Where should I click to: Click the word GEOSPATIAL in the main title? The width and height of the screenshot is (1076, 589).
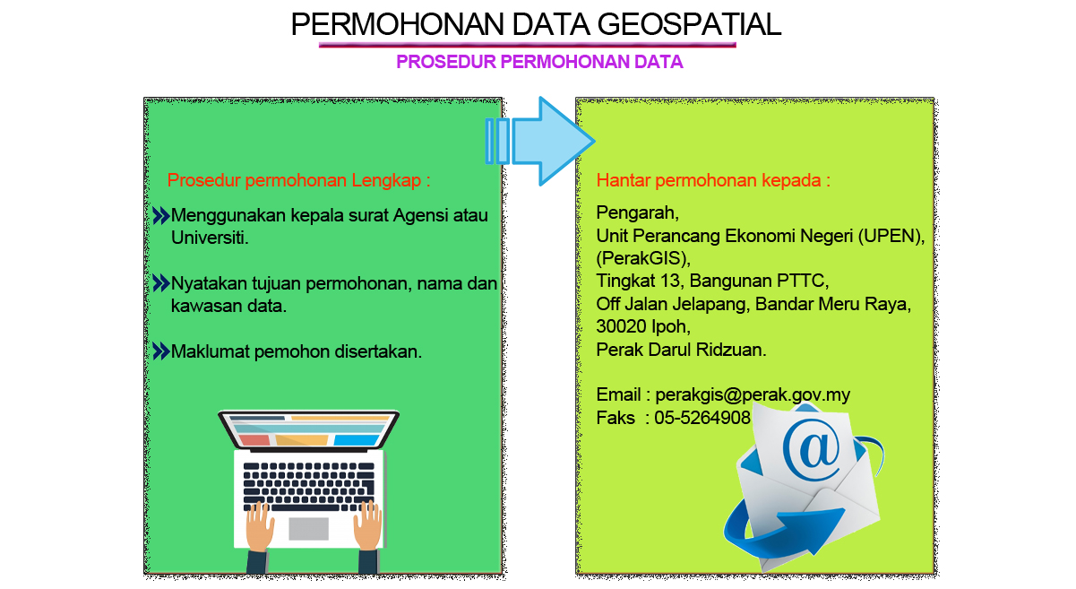click(x=689, y=24)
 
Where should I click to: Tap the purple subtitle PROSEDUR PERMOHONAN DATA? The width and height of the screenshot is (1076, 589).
click(x=539, y=62)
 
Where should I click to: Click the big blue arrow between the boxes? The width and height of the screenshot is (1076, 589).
click(x=540, y=142)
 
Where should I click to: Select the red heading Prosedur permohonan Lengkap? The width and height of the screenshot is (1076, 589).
click(x=298, y=181)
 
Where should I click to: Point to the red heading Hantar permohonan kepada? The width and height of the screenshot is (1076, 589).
click(x=713, y=181)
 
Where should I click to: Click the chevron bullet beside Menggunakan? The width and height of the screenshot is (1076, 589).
click(x=161, y=216)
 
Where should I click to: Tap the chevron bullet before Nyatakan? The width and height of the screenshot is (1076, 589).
click(x=161, y=283)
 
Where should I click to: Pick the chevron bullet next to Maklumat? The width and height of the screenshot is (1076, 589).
click(x=161, y=351)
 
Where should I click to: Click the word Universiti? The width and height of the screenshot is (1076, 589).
click(x=210, y=238)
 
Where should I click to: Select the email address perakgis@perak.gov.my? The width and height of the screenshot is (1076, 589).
click(x=753, y=395)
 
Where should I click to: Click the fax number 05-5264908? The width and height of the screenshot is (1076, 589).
click(x=702, y=418)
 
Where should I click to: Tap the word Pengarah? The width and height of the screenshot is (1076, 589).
click(x=637, y=213)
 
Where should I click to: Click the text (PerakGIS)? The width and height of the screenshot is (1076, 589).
click(x=643, y=259)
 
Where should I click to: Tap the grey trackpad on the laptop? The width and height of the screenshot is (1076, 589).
click(x=308, y=529)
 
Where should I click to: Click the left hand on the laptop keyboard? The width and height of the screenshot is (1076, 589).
click(x=260, y=526)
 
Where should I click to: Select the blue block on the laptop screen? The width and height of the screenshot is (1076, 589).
click(x=356, y=440)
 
